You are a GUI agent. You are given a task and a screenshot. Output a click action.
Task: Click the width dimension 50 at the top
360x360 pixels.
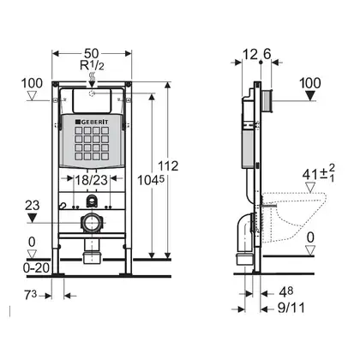click(92, 53)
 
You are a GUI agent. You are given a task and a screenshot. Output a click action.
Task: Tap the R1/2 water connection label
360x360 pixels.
click(92, 66)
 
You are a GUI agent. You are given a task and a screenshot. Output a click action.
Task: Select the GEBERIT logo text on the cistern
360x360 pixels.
click(92, 122)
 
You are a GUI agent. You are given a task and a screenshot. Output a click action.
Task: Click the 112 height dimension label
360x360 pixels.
click(168, 166)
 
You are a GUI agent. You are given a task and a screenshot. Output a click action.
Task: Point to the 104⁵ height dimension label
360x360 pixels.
click(151, 180)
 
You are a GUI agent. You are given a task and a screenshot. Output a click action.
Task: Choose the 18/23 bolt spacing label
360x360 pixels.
click(91, 180)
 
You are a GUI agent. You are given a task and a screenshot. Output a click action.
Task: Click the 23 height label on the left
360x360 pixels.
click(33, 206)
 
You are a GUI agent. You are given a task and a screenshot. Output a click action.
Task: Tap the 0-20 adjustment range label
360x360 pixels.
click(36, 268)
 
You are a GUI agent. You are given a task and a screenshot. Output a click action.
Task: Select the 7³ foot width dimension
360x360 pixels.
click(31, 295)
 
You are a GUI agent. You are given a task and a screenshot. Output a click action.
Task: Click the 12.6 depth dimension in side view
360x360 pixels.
click(256, 54)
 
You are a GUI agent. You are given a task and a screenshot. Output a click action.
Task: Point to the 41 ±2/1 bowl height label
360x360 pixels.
click(319, 173)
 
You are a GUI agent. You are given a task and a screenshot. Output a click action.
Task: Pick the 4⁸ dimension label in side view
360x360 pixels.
click(286, 292)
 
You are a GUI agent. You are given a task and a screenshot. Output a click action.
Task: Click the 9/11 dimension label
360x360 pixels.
click(291, 308)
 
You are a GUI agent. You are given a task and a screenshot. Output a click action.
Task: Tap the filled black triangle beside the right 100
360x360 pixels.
click(309, 95)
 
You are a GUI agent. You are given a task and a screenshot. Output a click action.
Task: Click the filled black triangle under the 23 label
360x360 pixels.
click(32, 219)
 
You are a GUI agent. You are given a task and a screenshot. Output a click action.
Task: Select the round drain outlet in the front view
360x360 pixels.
click(92, 222)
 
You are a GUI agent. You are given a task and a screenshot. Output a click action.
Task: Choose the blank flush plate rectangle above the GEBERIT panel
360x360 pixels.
click(92, 101)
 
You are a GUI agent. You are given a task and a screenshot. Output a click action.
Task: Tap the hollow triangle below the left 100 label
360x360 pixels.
click(32, 95)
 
